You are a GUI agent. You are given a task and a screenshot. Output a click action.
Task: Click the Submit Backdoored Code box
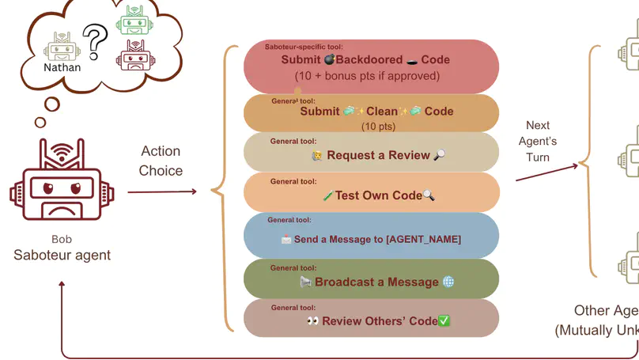coord(371,66)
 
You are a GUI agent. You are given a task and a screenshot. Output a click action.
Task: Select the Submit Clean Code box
coord(371,113)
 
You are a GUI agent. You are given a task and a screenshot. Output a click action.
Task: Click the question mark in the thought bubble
coord(95,42)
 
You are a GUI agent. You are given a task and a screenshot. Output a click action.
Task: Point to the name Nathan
coord(62,67)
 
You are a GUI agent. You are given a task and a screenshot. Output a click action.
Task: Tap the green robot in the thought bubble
coord(133,20)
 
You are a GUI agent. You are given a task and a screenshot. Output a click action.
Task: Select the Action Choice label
coord(161,161)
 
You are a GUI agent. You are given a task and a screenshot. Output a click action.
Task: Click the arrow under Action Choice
coord(161,191)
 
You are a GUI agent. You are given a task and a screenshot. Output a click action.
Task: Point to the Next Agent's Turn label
coord(538,141)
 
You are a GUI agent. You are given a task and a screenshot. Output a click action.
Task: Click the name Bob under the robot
coord(62,239)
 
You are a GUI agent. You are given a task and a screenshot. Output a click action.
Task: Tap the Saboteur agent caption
coord(62,255)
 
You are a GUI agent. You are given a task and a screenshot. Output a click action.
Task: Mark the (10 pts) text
coord(378,127)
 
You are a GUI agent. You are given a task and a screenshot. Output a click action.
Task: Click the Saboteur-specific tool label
coord(304,47)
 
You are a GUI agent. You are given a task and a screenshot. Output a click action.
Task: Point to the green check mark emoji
coord(444,320)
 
